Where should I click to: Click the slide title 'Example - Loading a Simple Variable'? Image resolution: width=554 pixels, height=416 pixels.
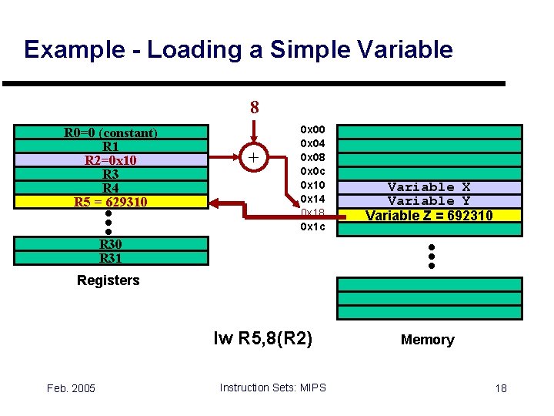pos(239,50)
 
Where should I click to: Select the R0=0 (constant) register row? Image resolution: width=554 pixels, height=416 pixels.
pos(111,133)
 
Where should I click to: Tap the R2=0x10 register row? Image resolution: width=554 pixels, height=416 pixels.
pos(111,160)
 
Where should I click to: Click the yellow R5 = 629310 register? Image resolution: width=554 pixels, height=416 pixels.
pos(111,202)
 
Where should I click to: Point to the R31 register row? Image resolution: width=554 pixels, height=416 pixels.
pos(111,258)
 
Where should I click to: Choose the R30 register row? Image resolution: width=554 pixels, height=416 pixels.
pos(111,244)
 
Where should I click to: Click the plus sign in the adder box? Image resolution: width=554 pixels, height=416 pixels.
pos(254,159)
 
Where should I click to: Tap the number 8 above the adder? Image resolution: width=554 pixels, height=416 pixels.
pos(254,107)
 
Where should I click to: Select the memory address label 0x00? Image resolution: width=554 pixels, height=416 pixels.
pos(312,129)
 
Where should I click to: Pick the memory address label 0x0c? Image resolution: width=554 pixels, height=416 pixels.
pos(312,171)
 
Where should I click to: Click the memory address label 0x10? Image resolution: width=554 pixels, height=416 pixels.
pos(312,185)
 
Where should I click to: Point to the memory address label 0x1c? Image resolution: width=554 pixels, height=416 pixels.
pos(312,226)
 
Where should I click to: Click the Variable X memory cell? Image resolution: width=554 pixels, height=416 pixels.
pos(429,187)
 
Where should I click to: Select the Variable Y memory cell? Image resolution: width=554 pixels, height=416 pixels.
pos(429,201)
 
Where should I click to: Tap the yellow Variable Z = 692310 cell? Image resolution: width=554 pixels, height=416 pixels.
pos(429,216)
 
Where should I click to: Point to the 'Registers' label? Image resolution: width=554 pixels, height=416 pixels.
pos(108,280)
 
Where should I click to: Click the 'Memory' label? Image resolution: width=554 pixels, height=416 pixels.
pos(427,340)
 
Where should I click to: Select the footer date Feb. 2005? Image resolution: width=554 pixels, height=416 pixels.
pos(70,387)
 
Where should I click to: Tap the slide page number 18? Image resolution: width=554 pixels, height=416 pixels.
pos(500,387)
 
